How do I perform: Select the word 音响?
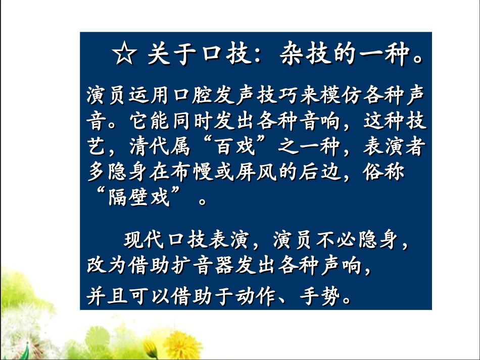[322, 122]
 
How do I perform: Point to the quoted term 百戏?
[235, 148]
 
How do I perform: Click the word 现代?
[142, 241]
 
